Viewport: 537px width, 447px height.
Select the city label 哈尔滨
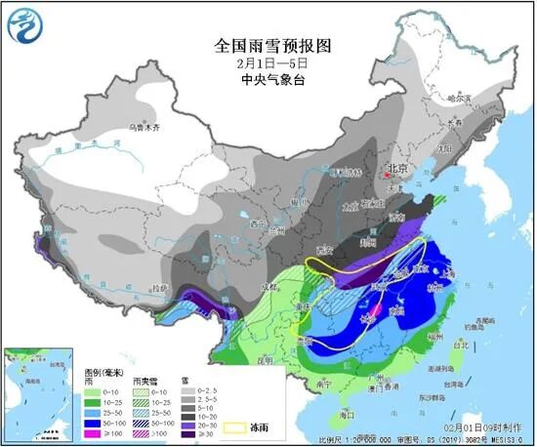pos(458,98)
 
